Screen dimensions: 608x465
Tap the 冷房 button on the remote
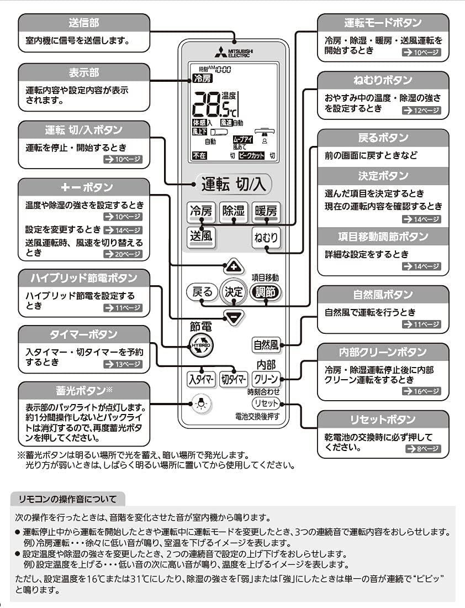(x=200, y=212)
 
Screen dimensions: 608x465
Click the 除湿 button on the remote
(x=233, y=212)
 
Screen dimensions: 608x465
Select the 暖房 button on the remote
(x=266, y=212)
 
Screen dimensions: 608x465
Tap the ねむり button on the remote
(x=266, y=238)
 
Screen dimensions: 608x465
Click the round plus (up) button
(x=234, y=267)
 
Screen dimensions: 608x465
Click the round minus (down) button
(x=234, y=317)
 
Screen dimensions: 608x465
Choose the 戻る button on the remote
(x=200, y=292)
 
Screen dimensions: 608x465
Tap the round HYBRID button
(x=200, y=345)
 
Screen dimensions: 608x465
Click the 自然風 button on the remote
(x=266, y=345)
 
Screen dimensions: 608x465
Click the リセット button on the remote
(x=266, y=403)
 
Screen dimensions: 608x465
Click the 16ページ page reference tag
(x=422, y=391)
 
